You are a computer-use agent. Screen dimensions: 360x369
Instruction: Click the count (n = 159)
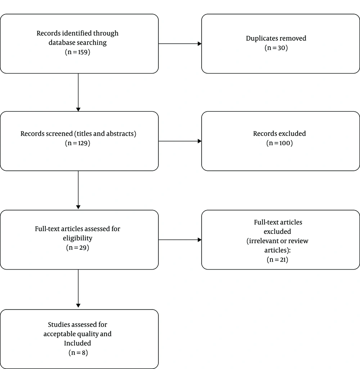[78, 52]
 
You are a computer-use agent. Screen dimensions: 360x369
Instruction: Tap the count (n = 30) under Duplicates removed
[276, 48]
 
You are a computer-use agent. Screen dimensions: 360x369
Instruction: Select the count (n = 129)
[78, 143]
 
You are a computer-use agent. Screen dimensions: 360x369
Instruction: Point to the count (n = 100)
[279, 143]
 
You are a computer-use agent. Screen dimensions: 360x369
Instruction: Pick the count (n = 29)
[78, 248]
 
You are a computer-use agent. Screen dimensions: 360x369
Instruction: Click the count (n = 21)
[278, 259]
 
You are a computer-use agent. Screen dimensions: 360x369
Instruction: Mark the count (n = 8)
[78, 352]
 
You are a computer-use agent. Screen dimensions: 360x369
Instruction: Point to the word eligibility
[78, 238]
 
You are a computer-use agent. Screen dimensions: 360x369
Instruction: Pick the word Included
[78, 343]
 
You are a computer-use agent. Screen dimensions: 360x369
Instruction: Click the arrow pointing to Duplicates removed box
[180, 44]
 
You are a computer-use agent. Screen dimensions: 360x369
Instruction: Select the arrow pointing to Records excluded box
[180, 141]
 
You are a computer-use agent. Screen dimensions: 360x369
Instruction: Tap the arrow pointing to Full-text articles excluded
[180, 240]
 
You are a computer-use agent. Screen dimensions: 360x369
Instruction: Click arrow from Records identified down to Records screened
[78, 93]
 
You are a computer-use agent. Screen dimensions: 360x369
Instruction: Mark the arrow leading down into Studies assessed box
[78, 289]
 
